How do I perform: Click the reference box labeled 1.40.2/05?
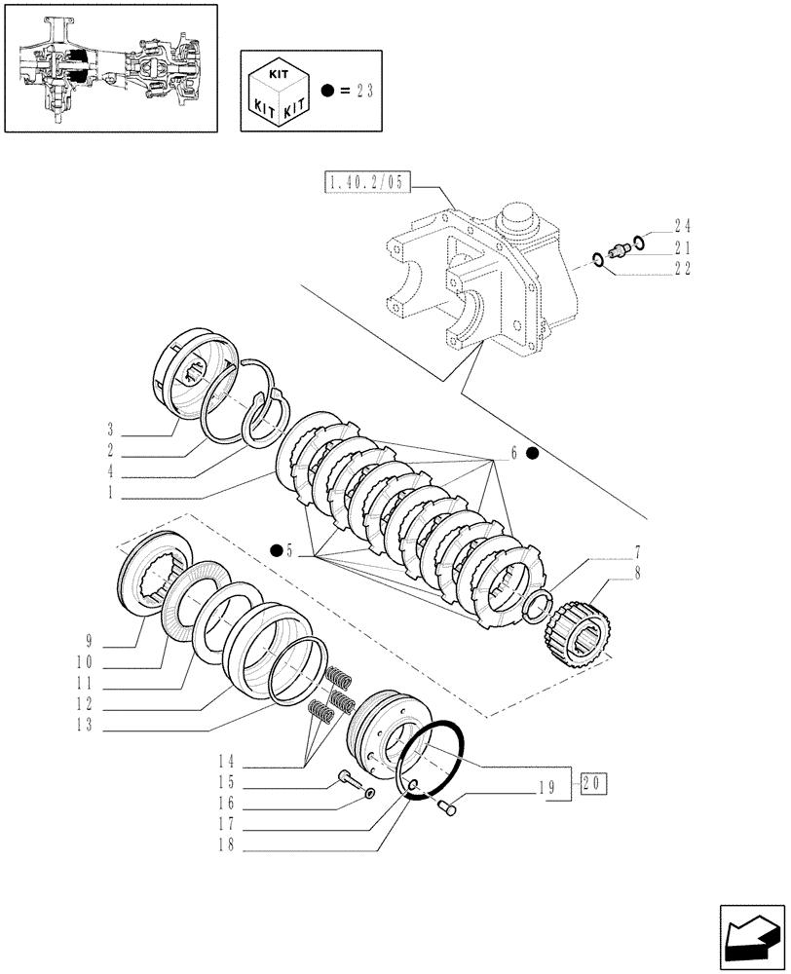point(369,182)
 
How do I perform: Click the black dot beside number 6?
point(531,453)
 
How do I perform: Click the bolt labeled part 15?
point(350,778)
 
